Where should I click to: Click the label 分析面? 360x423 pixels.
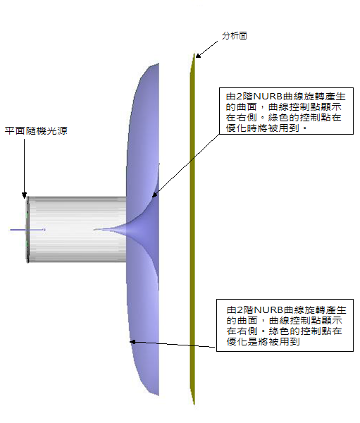[x=235, y=36]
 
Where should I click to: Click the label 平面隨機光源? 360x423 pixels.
[x=36, y=131]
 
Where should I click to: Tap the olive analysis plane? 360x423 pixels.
[x=192, y=229]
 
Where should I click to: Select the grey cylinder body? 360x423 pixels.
[x=77, y=229]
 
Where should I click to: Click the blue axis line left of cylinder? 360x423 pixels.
[x=27, y=230]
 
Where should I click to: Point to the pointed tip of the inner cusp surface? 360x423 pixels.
[x=94, y=230]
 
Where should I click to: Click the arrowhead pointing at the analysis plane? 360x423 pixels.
[x=198, y=55]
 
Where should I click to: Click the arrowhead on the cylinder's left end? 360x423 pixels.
[x=24, y=195]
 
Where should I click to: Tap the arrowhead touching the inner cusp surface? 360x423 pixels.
[x=154, y=195]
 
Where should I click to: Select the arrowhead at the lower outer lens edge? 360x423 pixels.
[x=132, y=342]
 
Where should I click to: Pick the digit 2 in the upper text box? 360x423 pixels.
[x=240, y=97]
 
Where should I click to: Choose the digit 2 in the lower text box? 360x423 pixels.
[x=240, y=310]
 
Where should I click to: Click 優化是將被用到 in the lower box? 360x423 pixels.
[x=263, y=341]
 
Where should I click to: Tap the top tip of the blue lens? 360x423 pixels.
[x=158, y=64]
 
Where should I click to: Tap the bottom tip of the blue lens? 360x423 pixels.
[x=158, y=395]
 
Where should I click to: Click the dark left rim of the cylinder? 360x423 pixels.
[x=27, y=230]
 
